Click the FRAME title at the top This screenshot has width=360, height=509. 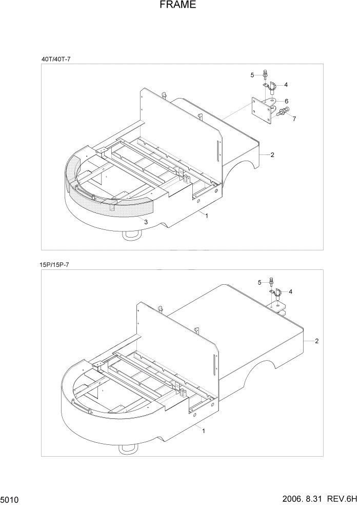pyautogui.click(x=178, y=6)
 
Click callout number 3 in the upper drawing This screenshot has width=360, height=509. pyautogui.click(x=146, y=222)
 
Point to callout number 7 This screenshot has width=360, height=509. pyautogui.click(x=294, y=119)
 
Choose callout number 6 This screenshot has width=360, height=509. pyautogui.click(x=286, y=101)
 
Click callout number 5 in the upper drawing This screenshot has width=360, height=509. pyautogui.click(x=252, y=75)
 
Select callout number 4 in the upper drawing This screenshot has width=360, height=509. pyautogui.click(x=286, y=85)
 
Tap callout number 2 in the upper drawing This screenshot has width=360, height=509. pyautogui.click(x=272, y=154)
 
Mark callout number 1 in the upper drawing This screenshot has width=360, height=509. pyautogui.click(x=207, y=217)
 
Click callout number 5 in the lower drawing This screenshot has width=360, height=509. pyautogui.click(x=260, y=282)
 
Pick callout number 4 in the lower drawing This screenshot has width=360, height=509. pyautogui.click(x=291, y=291)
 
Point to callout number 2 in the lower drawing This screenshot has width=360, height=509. pyautogui.click(x=317, y=341)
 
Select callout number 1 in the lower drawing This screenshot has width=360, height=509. pyautogui.click(x=204, y=431)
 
